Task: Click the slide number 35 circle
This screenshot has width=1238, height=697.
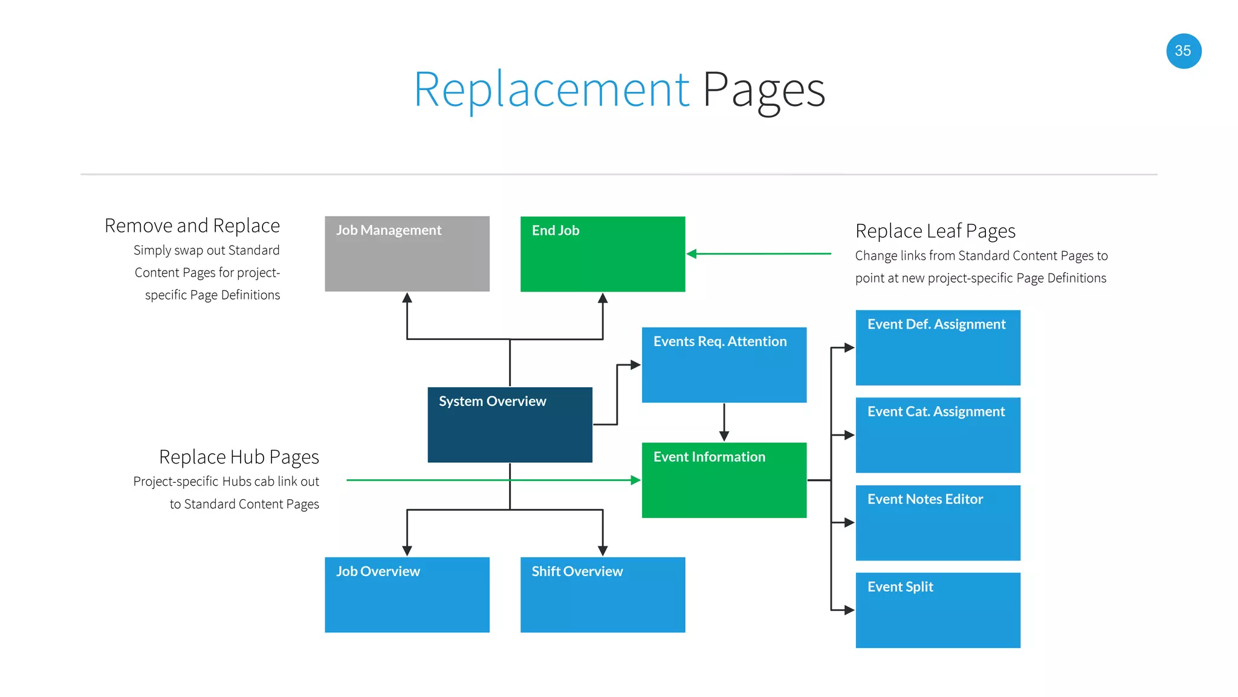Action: click(1183, 51)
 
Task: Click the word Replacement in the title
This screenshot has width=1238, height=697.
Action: click(551, 90)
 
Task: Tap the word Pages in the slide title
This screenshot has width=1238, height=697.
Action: click(763, 90)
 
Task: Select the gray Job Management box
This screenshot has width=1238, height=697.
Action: click(407, 254)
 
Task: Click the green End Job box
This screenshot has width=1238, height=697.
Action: click(603, 254)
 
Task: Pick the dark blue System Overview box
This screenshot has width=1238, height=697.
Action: click(510, 425)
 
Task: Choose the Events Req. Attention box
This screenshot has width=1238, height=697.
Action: click(724, 365)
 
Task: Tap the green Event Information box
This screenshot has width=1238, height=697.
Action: click(724, 480)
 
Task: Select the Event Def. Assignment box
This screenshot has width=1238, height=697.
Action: click(938, 347)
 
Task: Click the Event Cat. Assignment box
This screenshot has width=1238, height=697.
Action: click(938, 435)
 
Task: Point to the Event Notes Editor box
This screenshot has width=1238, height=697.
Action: click(938, 523)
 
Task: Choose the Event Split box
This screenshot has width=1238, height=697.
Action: click(938, 610)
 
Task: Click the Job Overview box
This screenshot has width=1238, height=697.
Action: click(407, 595)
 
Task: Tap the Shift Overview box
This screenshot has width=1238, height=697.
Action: click(603, 595)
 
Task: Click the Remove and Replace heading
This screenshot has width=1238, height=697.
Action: click(192, 226)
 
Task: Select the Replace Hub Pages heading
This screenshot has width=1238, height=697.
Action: click(239, 457)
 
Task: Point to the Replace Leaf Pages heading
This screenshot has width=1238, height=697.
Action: click(935, 231)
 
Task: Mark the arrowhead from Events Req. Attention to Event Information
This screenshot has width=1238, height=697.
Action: click(724, 436)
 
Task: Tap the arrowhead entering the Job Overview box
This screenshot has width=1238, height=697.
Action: click(407, 551)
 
